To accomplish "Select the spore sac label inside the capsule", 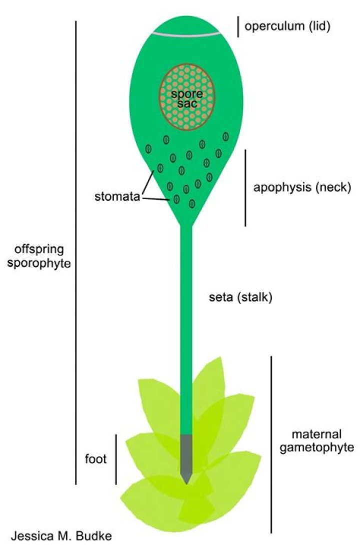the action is coord(187,99).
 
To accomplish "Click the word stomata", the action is coord(117,196).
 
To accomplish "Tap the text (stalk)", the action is coord(254,297).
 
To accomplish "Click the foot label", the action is coord(95,458).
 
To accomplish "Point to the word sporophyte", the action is coord(39,264).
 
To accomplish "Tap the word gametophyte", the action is coord(316,448).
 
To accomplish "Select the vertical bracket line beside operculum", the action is coord(238,27).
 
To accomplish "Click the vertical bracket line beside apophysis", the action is coord(245,188).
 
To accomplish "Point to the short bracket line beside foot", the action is coord(116,459).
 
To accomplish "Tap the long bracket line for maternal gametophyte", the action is coord(271,444).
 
